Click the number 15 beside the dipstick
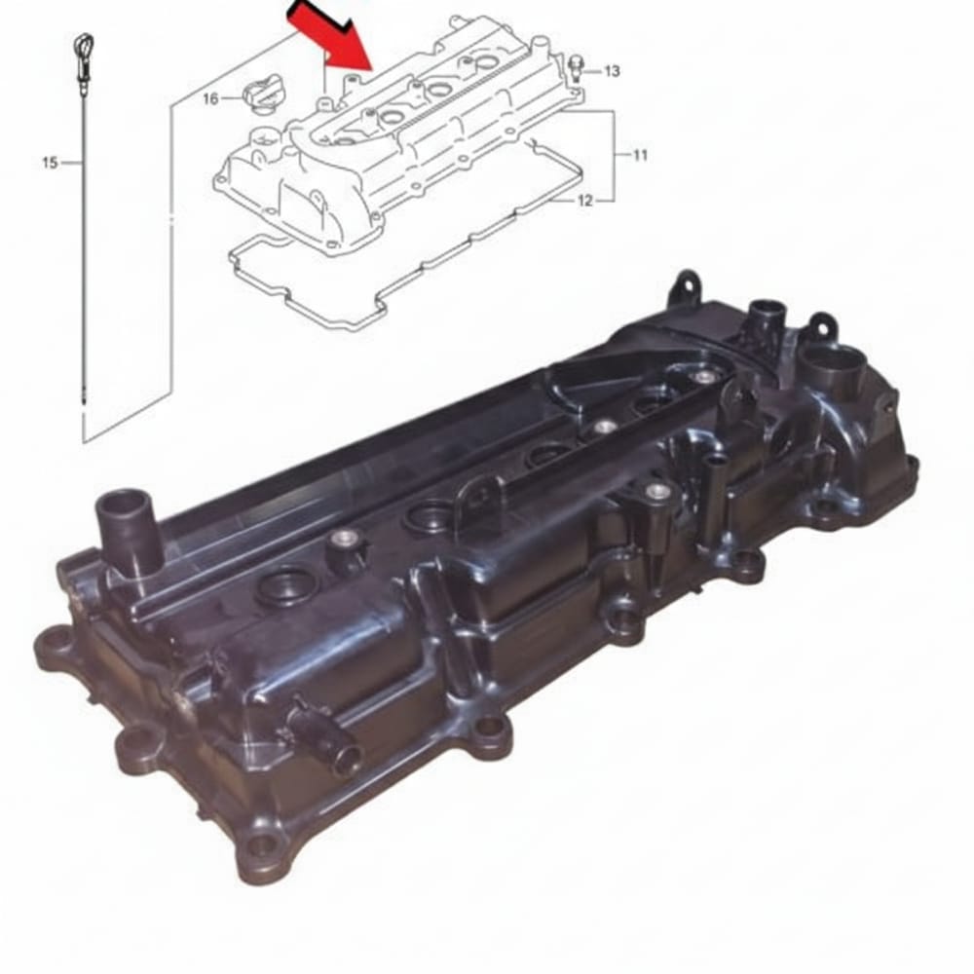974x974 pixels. [50, 163]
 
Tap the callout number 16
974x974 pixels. [210, 98]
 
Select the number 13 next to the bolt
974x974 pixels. [612, 71]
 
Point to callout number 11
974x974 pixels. [640, 155]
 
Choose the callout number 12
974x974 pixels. [585, 202]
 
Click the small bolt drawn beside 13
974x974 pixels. [577, 66]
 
